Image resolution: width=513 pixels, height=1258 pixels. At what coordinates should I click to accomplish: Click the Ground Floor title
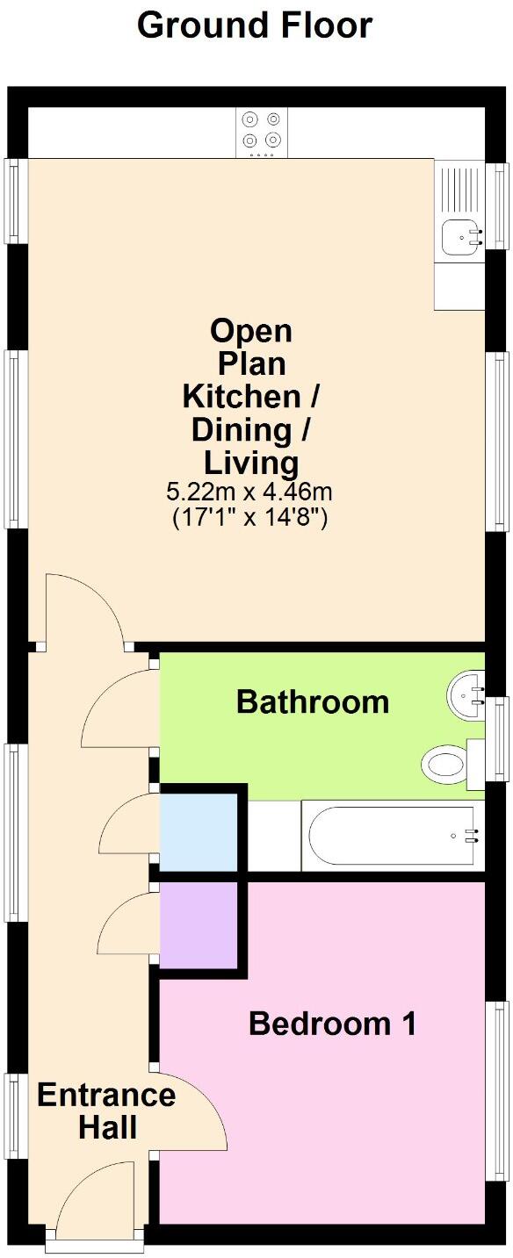(255, 25)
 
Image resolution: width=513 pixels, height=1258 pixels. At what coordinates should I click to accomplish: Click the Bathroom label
(313, 702)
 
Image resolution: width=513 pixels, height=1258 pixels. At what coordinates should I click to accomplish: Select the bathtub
(392, 836)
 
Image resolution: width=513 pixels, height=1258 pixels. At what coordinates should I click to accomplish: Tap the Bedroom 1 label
(331, 1024)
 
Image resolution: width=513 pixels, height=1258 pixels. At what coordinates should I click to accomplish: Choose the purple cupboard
(198, 924)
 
